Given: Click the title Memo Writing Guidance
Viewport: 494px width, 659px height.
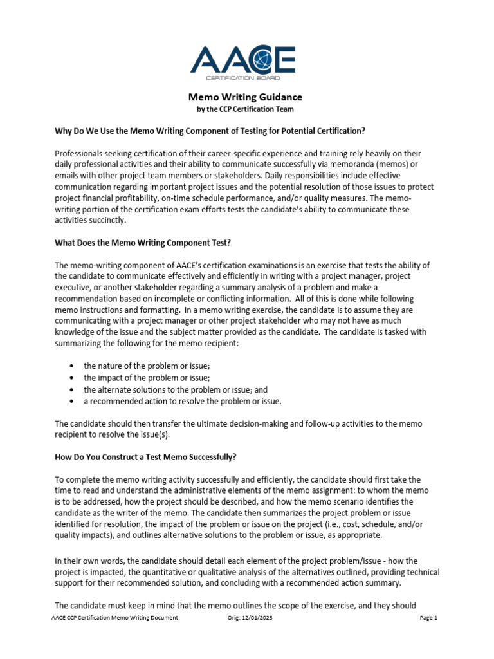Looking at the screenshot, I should pyautogui.click(x=244, y=97).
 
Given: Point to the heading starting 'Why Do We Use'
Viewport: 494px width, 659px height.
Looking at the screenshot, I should pyautogui.click(x=210, y=131).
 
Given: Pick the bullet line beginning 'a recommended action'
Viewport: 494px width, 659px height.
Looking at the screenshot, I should pyautogui.click(x=182, y=401).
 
